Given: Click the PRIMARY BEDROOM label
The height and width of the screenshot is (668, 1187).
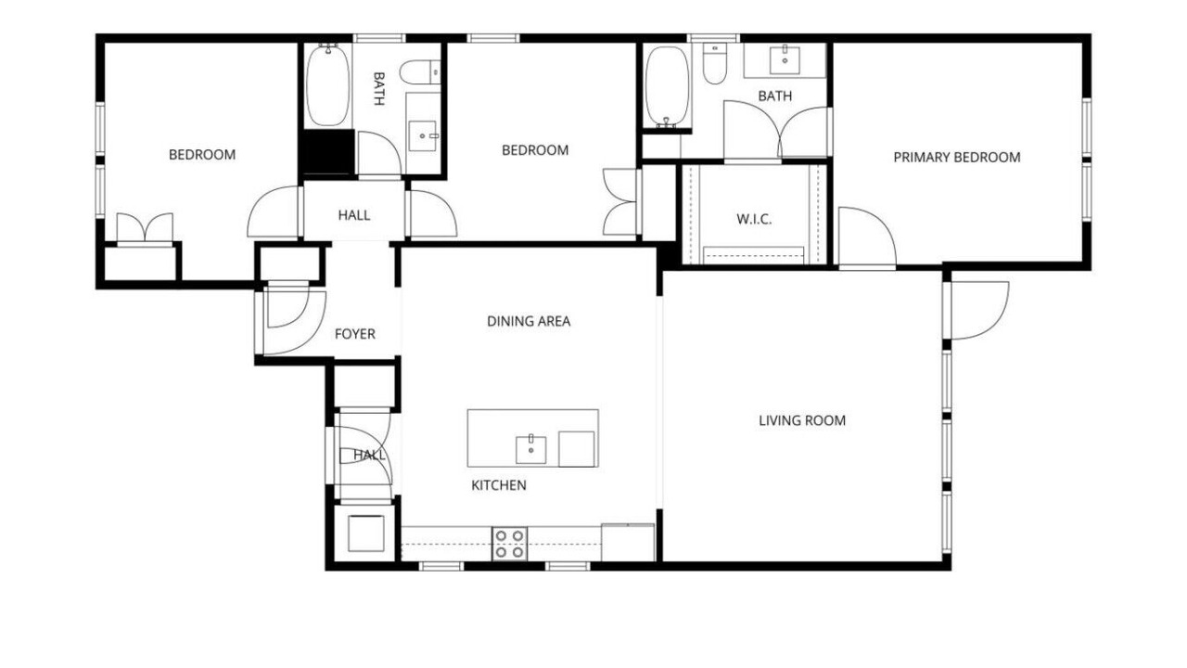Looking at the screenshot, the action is [x=956, y=158].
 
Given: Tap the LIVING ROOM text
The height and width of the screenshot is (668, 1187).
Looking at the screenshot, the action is [x=802, y=421].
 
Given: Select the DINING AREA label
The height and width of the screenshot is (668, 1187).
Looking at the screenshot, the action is [x=529, y=321].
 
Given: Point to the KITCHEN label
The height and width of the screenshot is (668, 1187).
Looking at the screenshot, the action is [x=499, y=485].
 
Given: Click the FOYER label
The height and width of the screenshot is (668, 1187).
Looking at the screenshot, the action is [x=355, y=334].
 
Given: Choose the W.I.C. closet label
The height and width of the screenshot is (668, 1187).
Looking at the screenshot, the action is [x=754, y=220].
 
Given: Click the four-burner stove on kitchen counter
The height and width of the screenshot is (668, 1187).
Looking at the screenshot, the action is [x=510, y=544].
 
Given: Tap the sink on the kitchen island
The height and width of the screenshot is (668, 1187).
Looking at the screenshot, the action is [x=531, y=450].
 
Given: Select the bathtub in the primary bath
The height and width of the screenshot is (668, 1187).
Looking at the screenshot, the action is [x=668, y=86].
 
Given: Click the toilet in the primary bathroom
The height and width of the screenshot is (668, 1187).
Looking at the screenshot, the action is [x=715, y=63].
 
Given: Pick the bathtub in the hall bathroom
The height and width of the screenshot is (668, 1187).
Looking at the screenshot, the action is [x=328, y=85].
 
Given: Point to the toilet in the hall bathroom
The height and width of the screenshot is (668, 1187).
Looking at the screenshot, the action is [x=420, y=72].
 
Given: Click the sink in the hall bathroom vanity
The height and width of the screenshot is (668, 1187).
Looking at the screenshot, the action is [x=422, y=136].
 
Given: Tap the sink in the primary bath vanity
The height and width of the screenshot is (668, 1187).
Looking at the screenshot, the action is [x=785, y=60].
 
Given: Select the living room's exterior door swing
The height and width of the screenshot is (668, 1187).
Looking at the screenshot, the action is [x=980, y=311].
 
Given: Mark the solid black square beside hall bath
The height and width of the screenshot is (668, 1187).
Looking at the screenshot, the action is [x=328, y=152].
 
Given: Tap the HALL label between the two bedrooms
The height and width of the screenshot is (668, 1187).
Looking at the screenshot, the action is [x=354, y=215].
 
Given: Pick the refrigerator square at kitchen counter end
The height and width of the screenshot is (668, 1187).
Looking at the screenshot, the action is [x=628, y=543].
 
